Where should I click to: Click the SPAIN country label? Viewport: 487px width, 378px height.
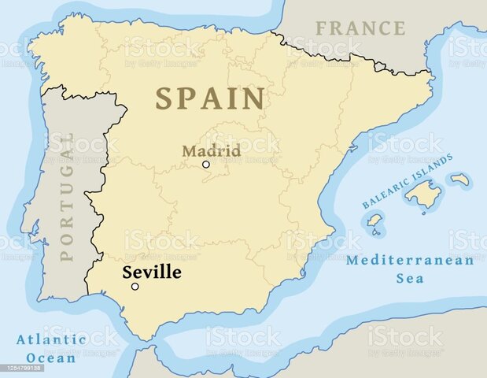[x=209, y=99]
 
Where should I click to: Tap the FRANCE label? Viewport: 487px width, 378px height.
[x=360, y=28]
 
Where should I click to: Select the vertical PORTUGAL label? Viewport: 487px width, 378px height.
[x=67, y=196]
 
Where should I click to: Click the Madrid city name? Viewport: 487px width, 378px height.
[x=211, y=150]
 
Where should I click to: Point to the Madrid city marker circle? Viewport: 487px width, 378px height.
[x=206, y=165]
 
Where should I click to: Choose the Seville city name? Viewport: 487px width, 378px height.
[x=151, y=272]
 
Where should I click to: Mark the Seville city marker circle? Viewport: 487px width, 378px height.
[x=135, y=287]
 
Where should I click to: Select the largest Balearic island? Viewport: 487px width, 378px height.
[x=425, y=193]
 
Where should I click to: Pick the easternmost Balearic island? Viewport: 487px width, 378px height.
[x=460, y=180]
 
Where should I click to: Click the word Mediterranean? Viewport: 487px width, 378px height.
[x=410, y=261]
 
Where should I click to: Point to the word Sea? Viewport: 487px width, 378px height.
[x=410, y=278]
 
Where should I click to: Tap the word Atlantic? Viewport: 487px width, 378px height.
[x=51, y=340]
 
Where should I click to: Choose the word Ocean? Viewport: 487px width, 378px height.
[x=51, y=358]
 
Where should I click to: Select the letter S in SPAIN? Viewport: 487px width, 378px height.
[x=163, y=99]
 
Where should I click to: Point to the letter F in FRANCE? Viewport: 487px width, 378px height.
[x=321, y=28]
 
